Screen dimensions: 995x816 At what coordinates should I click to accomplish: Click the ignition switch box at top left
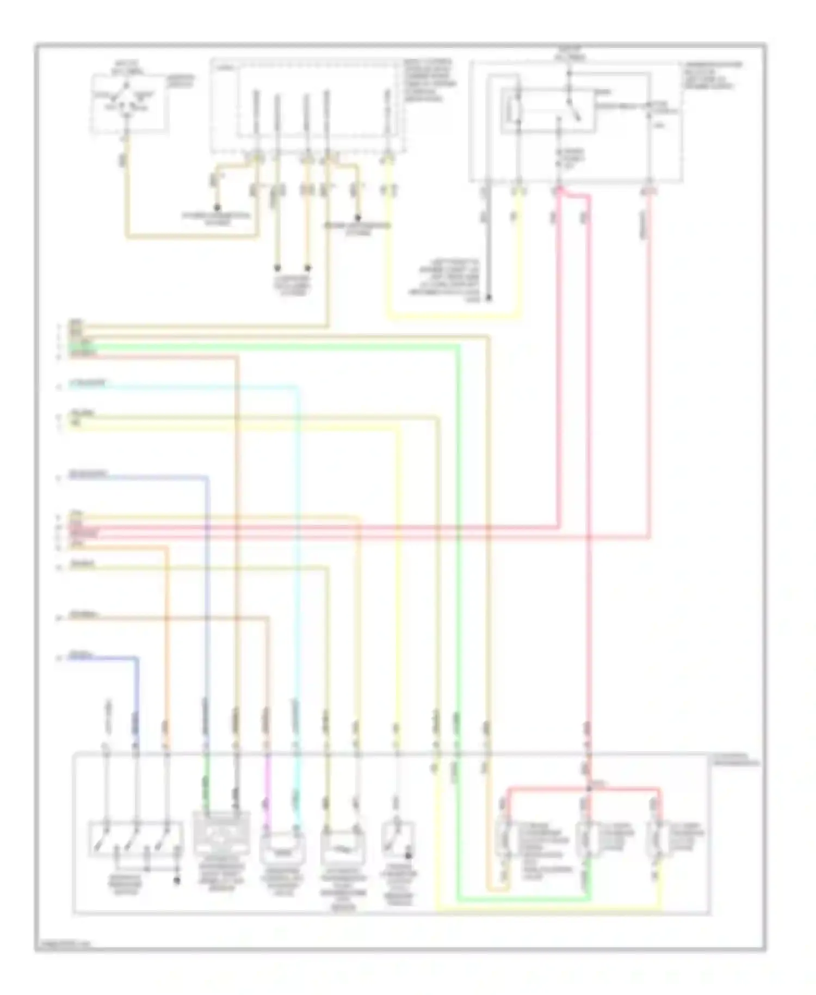pyautogui.click(x=128, y=103)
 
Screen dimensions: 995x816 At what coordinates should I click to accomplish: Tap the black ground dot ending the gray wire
pyautogui.click(x=488, y=298)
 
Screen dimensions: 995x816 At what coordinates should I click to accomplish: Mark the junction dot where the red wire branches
pyautogui.click(x=589, y=789)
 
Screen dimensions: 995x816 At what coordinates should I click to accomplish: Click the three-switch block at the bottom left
pyautogui.click(x=135, y=839)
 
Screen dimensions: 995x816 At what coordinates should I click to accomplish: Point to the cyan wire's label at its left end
pyautogui.click(x=87, y=384)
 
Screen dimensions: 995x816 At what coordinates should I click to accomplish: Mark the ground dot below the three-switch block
pyautogui.click(x=176, y=880)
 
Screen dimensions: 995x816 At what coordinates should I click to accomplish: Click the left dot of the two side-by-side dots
pyautogui.click(x=277, y=267)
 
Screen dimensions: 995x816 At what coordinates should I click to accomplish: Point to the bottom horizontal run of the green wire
pyautogui.click(x=522, y=900)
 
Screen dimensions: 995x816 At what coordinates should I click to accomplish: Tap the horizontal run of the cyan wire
pyautogui.click(x=185, y=387)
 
